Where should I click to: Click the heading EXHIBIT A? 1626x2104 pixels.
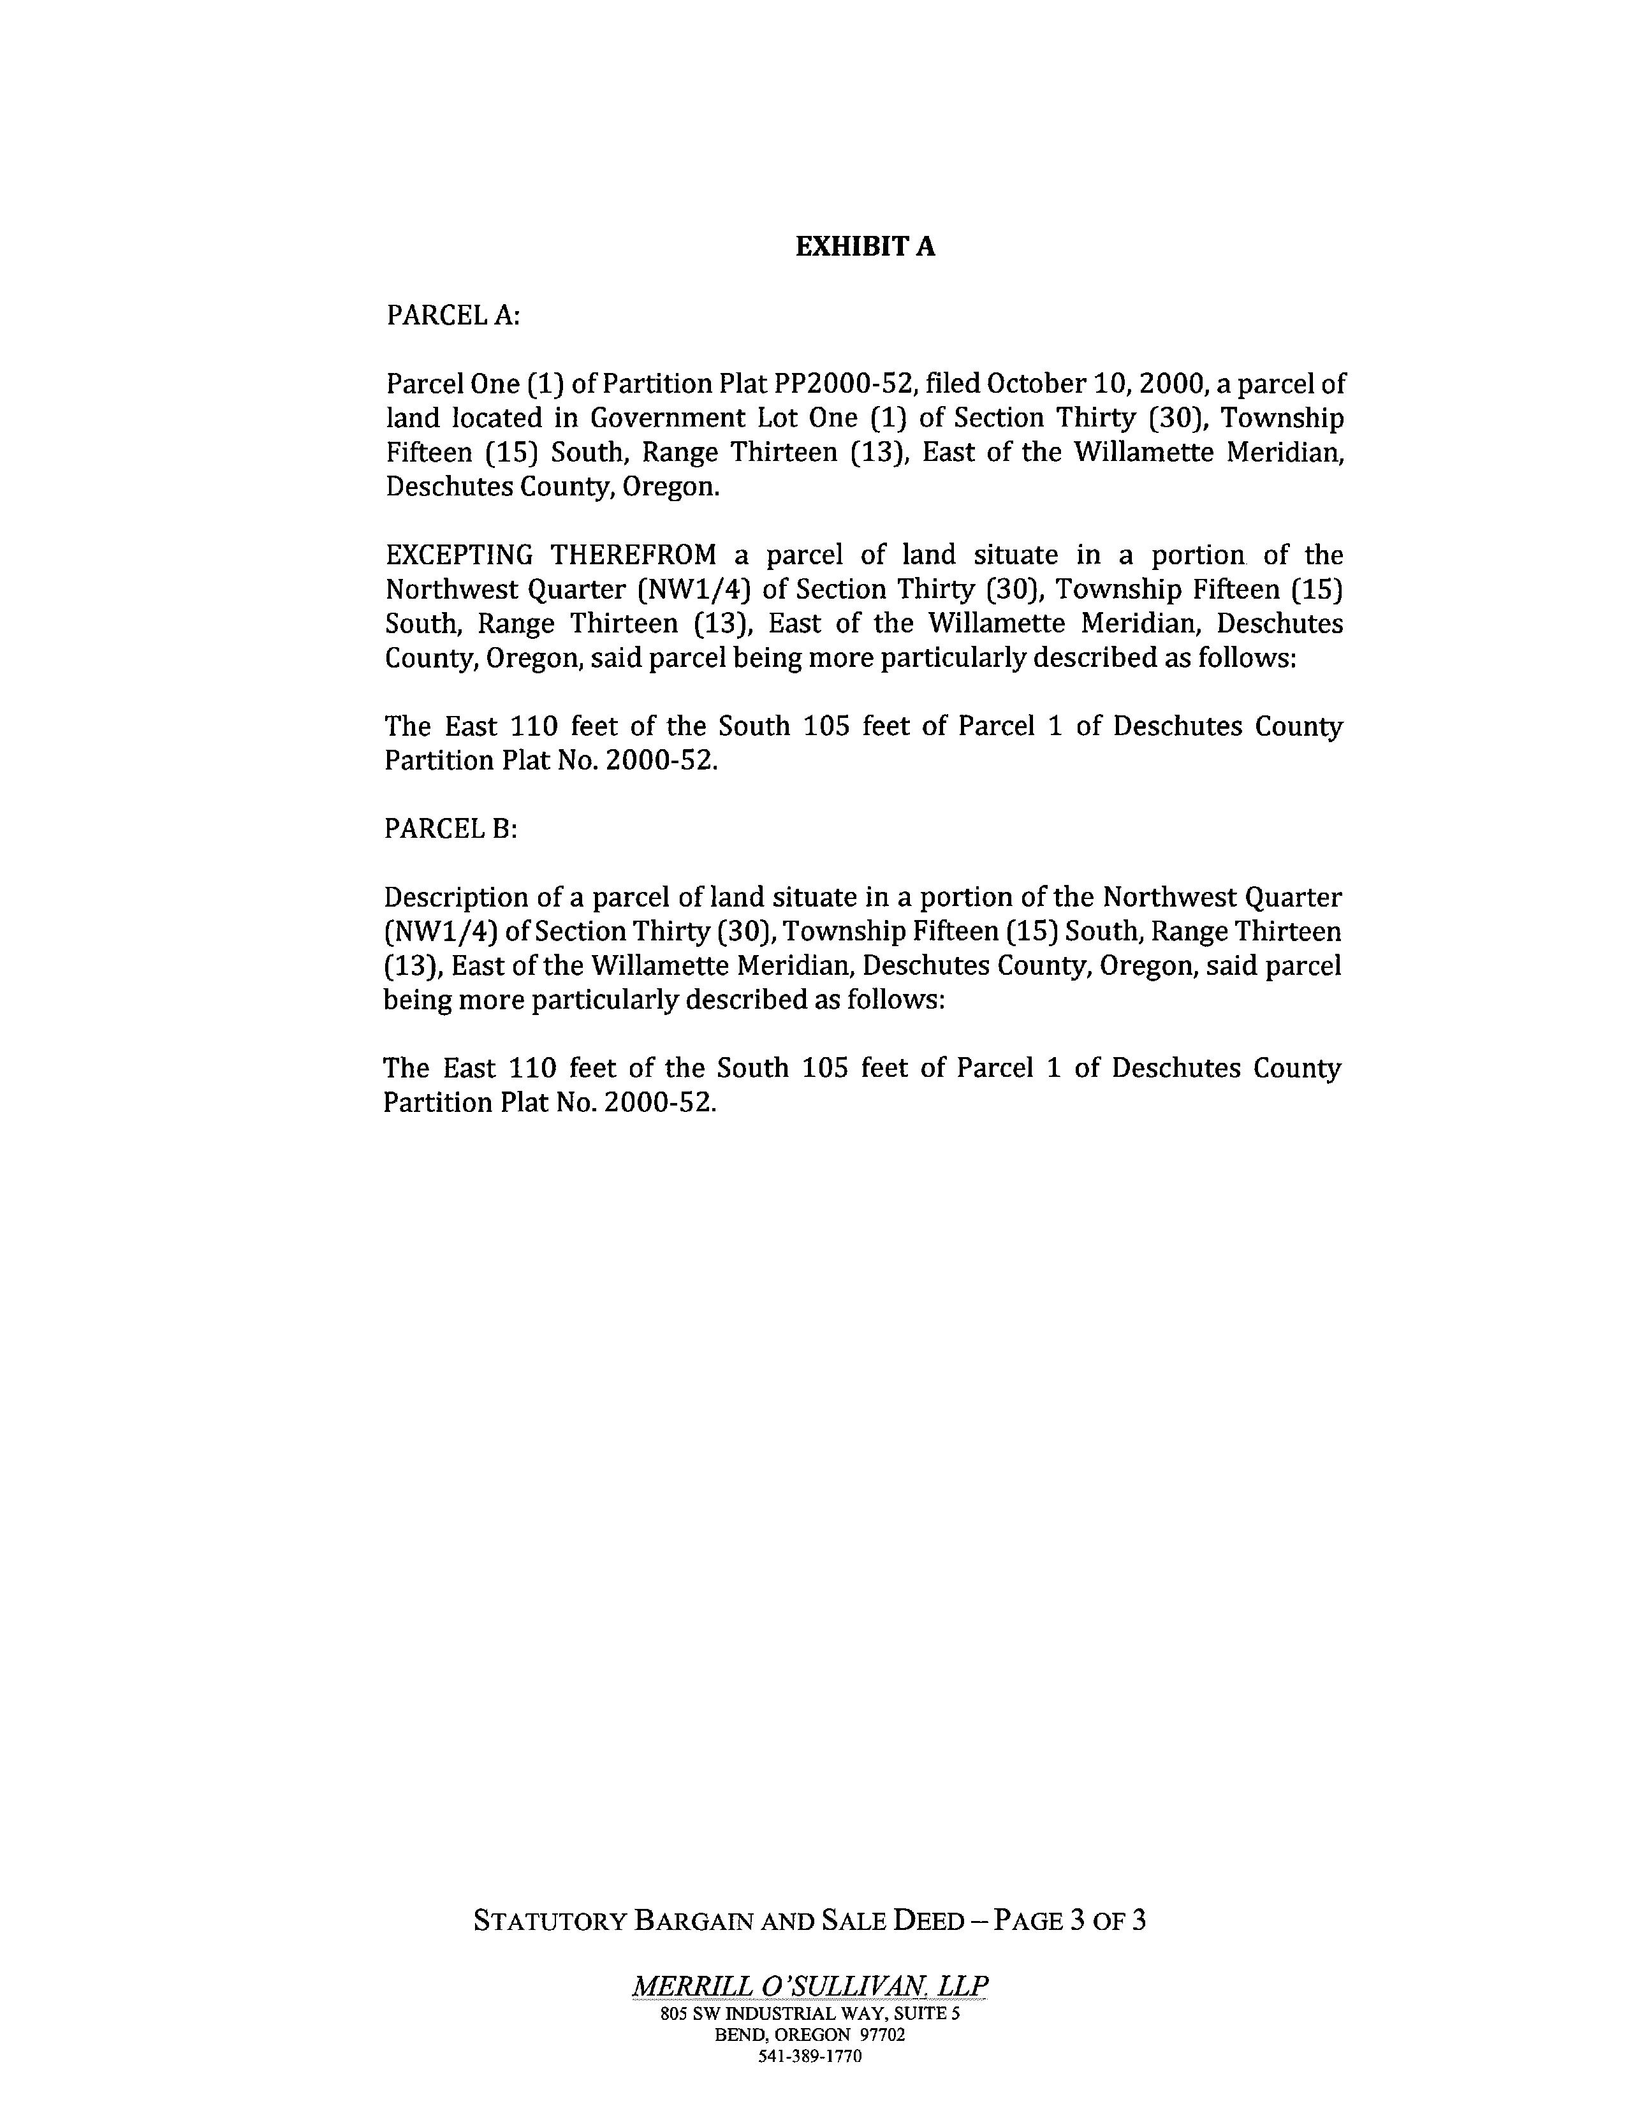pos(864,247)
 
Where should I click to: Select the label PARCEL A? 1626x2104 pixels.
pos(453,316)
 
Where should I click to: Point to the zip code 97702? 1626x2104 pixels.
pos(881,2035)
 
